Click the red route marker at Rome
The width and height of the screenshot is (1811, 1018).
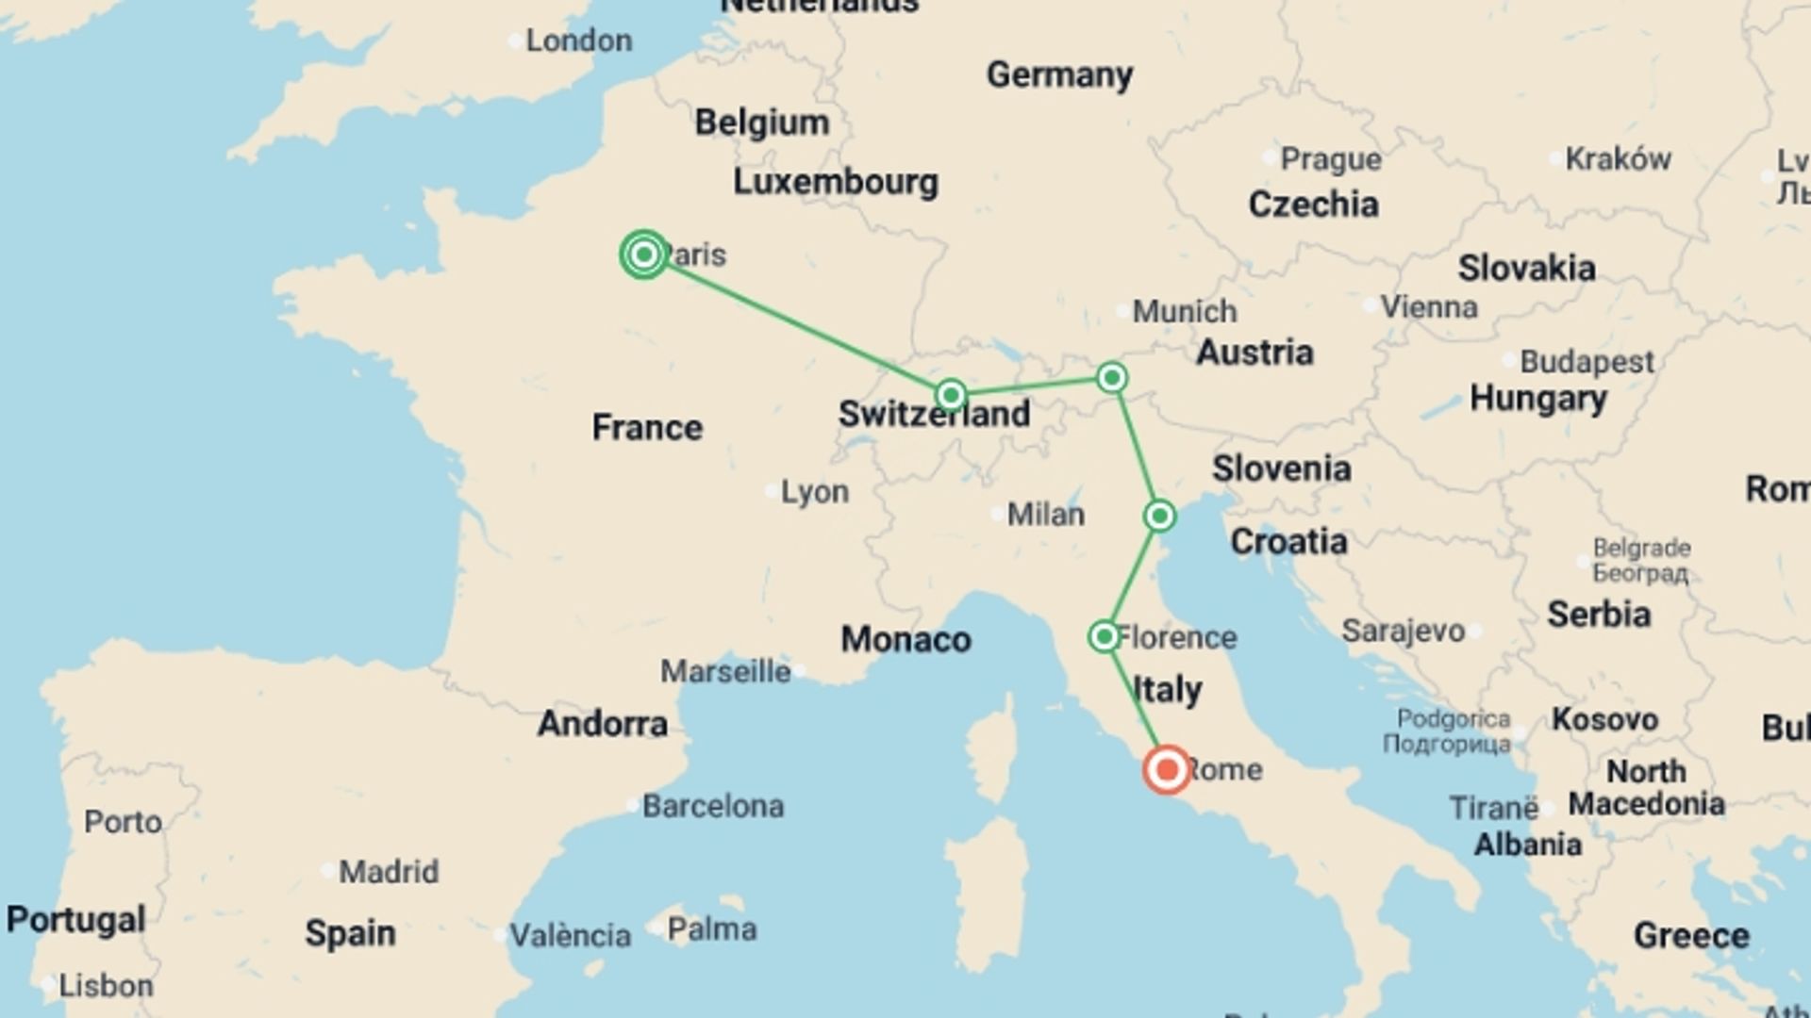[x=1167, y=769]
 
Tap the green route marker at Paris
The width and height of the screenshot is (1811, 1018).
[x=644, y=254]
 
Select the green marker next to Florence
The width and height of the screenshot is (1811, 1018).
[x=1104, y=636]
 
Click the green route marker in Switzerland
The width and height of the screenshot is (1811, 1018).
[x=951, y=394]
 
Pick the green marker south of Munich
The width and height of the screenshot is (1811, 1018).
[x=1112, y=378]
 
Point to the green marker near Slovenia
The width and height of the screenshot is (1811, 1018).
[x=1159, y=516]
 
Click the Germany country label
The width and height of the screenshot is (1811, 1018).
[x=1059, y=74]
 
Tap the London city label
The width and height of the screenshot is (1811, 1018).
[x=578, y=41]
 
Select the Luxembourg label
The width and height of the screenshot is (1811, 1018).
[x=836, y=182]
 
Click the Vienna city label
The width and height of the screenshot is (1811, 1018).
[x=1429, y=306]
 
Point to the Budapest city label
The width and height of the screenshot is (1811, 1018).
[x=1587, y=361]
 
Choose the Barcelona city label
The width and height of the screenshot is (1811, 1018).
[x=713, y=806]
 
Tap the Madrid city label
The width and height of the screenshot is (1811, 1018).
[x=389, y=871]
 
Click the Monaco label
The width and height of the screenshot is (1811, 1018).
[x=905, y=639]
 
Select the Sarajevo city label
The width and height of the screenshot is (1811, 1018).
[x=1403, y=631]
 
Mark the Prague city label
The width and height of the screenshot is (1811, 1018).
[x=1331, y=159]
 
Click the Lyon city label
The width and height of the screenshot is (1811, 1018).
[x=815, y=491]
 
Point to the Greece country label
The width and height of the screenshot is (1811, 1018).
[x=1691, y=935]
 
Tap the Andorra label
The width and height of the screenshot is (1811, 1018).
[x=603, y=723]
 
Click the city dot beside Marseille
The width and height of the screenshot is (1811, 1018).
[x=800, y=671]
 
